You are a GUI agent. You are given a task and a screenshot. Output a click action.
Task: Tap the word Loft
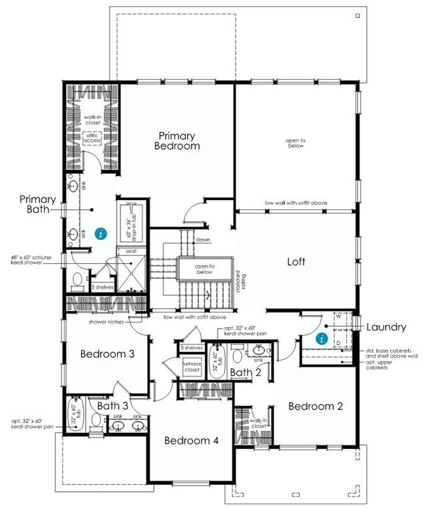(296, 261)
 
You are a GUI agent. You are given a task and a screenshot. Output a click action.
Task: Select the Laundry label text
(385, 326)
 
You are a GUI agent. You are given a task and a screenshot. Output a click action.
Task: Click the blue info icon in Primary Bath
(101, 233)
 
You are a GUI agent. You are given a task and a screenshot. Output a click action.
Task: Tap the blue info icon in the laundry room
(322, 338)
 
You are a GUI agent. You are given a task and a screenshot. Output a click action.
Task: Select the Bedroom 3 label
(107, 354)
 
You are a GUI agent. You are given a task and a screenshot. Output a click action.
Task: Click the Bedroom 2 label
(315, 406)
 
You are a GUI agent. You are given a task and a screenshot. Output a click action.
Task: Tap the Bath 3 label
(112, 404)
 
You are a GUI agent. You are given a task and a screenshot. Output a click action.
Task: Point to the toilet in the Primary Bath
(77, 280)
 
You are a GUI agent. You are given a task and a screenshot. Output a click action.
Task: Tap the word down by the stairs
(203, 240)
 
